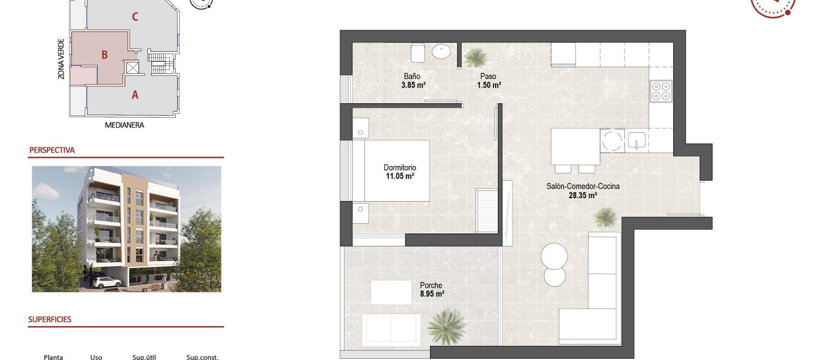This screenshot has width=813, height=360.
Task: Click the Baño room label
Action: (x=412, y=76)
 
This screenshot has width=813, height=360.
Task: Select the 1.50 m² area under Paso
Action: (x=489, y=85)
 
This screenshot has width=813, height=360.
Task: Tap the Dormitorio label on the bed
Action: (x=400, y=167)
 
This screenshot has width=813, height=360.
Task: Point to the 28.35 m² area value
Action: (x=583, y=195)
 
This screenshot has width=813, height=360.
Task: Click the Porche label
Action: (x=431, y=285)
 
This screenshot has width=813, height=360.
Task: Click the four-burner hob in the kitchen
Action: (x=661, y=91)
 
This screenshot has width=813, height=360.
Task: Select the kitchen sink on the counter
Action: (x=636, y=140)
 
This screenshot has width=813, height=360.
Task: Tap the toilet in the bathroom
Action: (x=418, y=53)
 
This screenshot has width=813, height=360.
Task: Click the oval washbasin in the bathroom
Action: (x=441, y=52)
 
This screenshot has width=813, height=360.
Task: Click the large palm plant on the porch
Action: (x=446, y=327)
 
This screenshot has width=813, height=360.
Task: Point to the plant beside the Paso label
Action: (x=475, y=57)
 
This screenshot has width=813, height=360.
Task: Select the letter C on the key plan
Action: (x=135, y=17)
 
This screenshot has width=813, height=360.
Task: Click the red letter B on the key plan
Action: (x=104, y=55)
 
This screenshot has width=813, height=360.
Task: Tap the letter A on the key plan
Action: (x=135, y=95)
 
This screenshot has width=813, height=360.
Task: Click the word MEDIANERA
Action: (x=124, y=125)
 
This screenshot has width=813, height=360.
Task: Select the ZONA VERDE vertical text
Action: (x=61, y=59)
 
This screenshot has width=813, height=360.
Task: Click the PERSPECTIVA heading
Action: (x=52, y=150)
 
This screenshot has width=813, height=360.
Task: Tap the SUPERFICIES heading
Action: (x=50, y=320)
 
